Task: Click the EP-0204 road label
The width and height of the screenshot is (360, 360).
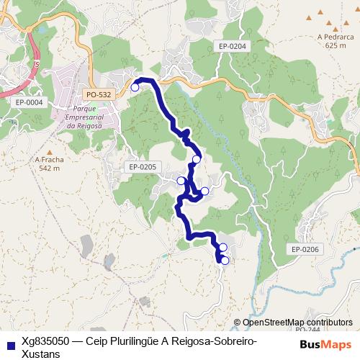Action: click(x=231, y=46)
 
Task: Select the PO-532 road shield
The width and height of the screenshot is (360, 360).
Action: click(x=98, y=94)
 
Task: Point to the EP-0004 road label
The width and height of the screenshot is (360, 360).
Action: click(x=29, y=102)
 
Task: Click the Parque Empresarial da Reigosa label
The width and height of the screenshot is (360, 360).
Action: click(x=81, y=117)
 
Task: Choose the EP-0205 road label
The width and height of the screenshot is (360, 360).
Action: click(x=143, y=167)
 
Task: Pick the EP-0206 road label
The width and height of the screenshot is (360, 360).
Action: click(x=305, y=249)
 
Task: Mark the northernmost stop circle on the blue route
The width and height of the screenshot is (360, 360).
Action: click(x=135, y=87)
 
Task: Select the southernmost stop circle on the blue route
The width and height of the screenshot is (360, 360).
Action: click(x=225, y=261)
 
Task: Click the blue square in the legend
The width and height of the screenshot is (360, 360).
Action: click(x=9, y=343)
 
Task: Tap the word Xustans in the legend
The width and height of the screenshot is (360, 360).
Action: click(x=42, y=354)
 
